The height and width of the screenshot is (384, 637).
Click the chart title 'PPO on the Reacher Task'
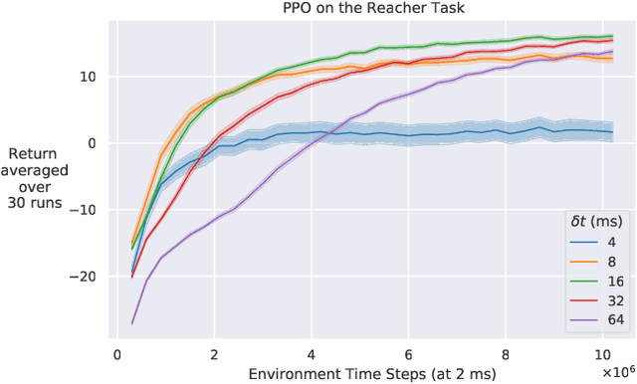coord(368,10)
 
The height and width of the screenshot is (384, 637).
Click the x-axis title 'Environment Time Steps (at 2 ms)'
coord(367,373)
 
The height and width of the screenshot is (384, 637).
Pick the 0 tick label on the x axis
coord(117,353)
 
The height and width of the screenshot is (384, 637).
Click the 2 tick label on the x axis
coord(215,353)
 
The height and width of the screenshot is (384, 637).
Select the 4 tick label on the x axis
coord(312,353)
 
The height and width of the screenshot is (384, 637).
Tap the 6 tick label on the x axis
coord(409,353)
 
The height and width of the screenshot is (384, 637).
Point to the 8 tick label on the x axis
coord(506,353)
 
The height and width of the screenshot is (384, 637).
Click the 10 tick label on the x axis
coord(602,353)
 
